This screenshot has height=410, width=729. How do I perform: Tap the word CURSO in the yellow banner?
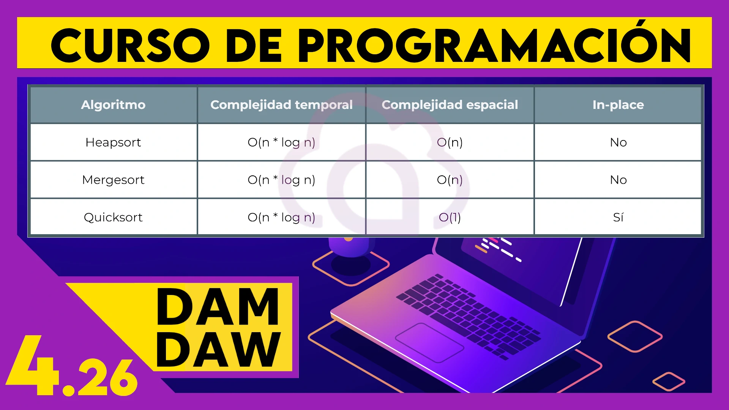point(130,46)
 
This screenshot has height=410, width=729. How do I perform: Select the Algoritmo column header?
point(113,105)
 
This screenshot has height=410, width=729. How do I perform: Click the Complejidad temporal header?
point(281,105)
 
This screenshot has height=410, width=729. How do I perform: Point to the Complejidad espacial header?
point(450,105)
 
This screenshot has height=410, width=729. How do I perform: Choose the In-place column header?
point(618,105)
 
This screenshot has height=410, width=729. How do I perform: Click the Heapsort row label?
point(113,142)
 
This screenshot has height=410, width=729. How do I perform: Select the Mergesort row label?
point(113,180)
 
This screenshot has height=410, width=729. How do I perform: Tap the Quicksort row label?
point(113,217)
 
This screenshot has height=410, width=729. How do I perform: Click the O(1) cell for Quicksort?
point(450,217)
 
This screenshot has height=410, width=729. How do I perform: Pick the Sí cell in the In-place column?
point(618,217)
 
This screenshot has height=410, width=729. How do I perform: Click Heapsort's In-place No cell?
point(618,142)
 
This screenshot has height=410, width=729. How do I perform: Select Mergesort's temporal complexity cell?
point(281,180)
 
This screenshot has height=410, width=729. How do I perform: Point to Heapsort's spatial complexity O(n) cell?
point(450,142)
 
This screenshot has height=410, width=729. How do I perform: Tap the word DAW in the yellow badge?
point(218,349)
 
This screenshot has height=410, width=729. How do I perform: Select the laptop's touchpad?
point(429,342)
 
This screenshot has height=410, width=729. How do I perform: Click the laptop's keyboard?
point(469,315)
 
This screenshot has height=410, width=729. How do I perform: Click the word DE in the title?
point(254,46)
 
